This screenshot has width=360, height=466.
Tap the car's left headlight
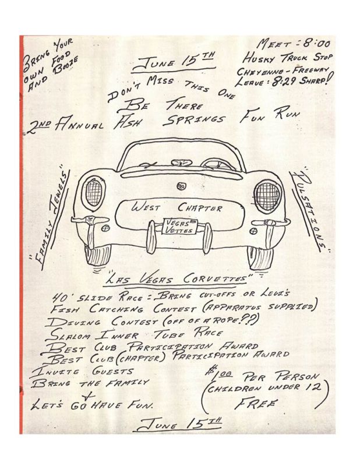pyautogui.click(x=93, y=193)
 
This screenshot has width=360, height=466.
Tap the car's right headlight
pyautogui.click(x=267, y=196)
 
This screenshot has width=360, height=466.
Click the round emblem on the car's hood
pyautogui.click(x=181, y=186)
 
